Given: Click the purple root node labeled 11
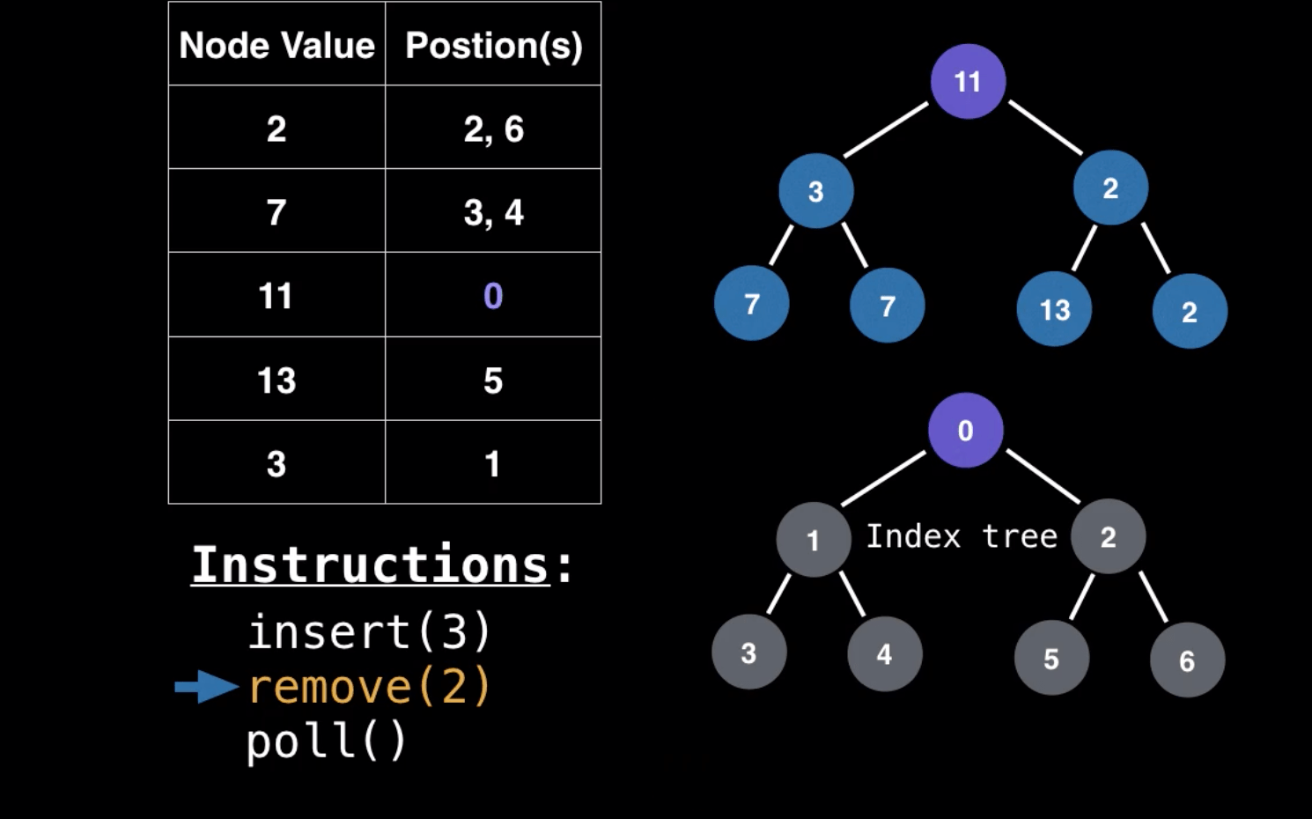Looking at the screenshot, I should (968, 81).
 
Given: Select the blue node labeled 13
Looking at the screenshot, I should (1054, 309).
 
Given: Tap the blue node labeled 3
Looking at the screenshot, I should (815, 191).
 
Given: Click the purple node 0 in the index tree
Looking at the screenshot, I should (965, 430).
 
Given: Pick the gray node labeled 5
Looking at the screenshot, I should (1051, 658).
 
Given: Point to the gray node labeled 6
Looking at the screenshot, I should (1187, 660).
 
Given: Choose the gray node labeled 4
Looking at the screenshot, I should (884, 653).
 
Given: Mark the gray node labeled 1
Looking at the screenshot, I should (813, 539).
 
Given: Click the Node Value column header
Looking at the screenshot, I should (276, 45).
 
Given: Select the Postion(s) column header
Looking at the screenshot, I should (493, 45).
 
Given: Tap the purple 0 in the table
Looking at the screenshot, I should (493, 296).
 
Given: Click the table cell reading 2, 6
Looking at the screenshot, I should (493, 129).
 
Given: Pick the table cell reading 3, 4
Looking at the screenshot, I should (493, 212).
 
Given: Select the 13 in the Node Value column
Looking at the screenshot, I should (276, 380).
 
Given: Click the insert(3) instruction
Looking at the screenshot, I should (369, 631).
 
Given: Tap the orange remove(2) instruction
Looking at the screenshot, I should (369, 687).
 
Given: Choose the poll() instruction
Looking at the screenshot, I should (326, 741).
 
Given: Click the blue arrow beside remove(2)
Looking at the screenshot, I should (206, 687).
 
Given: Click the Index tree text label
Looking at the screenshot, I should (962, 535).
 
